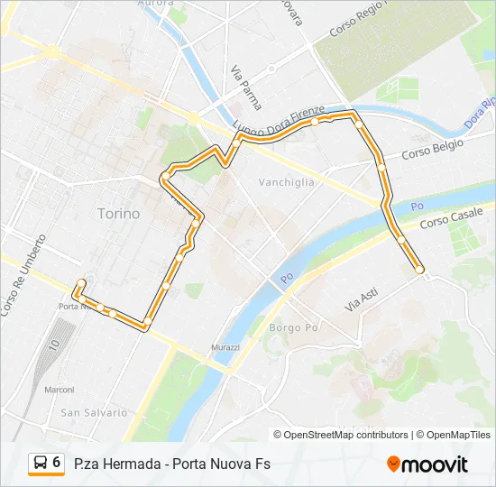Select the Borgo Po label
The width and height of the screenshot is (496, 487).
click(295, 327)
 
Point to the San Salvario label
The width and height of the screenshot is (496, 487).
click(94, 412)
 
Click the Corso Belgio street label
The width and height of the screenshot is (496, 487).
click(432, 149)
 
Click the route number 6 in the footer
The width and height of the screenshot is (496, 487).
click(57, 463)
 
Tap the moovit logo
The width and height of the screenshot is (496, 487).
click(427, 464)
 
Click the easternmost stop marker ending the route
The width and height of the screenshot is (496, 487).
click(419, 270)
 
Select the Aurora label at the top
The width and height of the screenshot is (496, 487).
click(154, 4)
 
